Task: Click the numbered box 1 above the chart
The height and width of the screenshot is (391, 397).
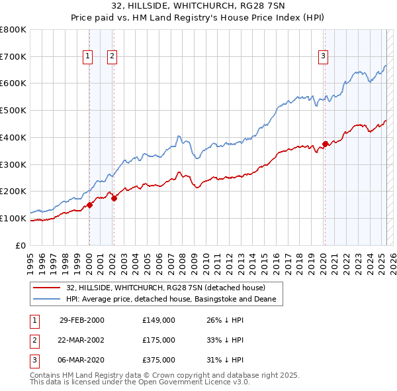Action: point(88,57)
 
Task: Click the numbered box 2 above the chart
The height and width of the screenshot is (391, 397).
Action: point(112,57)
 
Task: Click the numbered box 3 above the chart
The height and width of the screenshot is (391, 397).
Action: point(324,57)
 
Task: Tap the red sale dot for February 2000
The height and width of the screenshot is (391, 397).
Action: point(89,205)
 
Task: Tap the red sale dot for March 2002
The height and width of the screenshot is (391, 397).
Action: point(114,197)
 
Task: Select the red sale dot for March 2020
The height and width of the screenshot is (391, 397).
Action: point(325,144)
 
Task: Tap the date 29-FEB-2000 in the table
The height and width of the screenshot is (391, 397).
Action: point(82,320)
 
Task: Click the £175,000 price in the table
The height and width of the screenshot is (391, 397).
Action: point(158,340)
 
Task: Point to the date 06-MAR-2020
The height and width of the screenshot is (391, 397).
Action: point(82,360)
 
